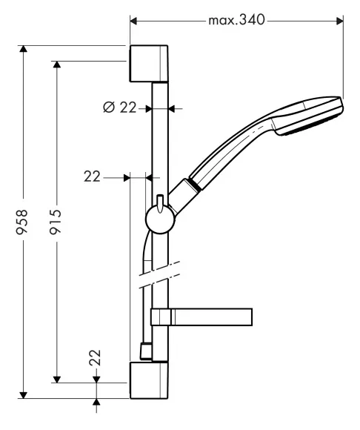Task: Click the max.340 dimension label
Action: click(236, 20)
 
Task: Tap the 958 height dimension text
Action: click(21, 222)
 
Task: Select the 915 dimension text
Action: click(55, 222)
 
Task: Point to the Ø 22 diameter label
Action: click(119, 107)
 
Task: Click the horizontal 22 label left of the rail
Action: click(92, 176)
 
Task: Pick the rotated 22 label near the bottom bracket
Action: click(95, 357)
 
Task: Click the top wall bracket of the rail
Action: click(148, 64)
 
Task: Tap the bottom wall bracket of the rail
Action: click(149, 380)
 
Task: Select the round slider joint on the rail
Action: click(160, 219)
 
